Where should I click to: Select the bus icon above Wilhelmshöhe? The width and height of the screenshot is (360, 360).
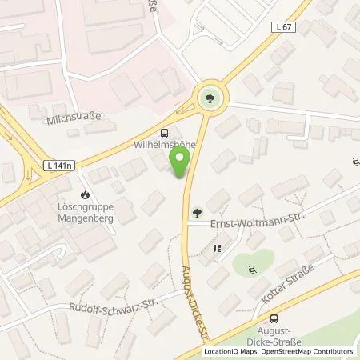164,134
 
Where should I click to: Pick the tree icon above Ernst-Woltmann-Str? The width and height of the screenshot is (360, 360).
197,212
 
